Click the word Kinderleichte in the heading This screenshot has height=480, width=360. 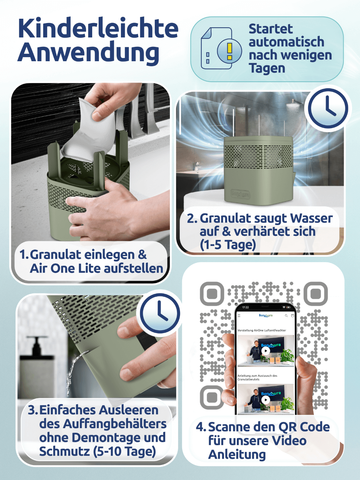(98, 28)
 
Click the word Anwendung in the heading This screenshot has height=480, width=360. (88, 53)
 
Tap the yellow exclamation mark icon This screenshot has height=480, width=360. (230, 51)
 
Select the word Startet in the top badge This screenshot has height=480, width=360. (271, 29)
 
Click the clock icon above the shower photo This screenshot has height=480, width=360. (328, 108)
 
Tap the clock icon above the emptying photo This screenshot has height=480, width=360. (160, 313)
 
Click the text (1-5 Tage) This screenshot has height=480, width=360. (228, 245)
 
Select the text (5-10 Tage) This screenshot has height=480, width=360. (125, 452)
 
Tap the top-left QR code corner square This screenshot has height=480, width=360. (212, 294)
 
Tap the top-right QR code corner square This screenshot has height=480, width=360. (316, 294)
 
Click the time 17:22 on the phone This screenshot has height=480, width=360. (246, 308)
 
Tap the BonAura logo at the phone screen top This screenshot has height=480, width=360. (266, 315)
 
